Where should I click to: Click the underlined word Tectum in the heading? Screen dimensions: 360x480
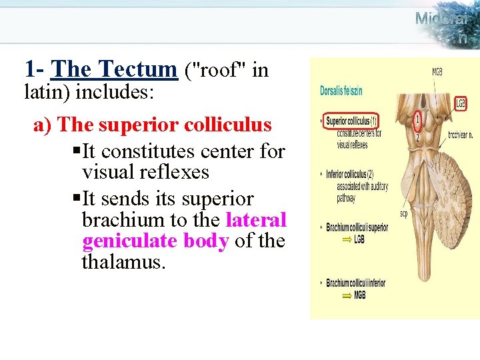pos(137,69)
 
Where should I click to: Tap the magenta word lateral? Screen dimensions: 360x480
pos(256,219)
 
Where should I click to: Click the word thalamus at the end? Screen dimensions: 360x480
pos(123,262)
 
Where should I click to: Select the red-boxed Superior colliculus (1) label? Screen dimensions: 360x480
pos(352,121)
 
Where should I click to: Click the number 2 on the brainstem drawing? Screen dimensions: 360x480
pos(418,138)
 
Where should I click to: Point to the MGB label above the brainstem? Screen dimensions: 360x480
pos(437,72)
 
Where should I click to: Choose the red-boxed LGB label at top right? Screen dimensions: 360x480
pos(461,103)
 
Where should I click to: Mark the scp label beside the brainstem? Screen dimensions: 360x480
pos(403,213)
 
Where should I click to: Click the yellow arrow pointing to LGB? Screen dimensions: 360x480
pos(347,238)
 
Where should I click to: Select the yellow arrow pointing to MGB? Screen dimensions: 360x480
pos(347,295)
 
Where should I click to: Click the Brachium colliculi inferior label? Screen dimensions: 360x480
pos(356,283)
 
